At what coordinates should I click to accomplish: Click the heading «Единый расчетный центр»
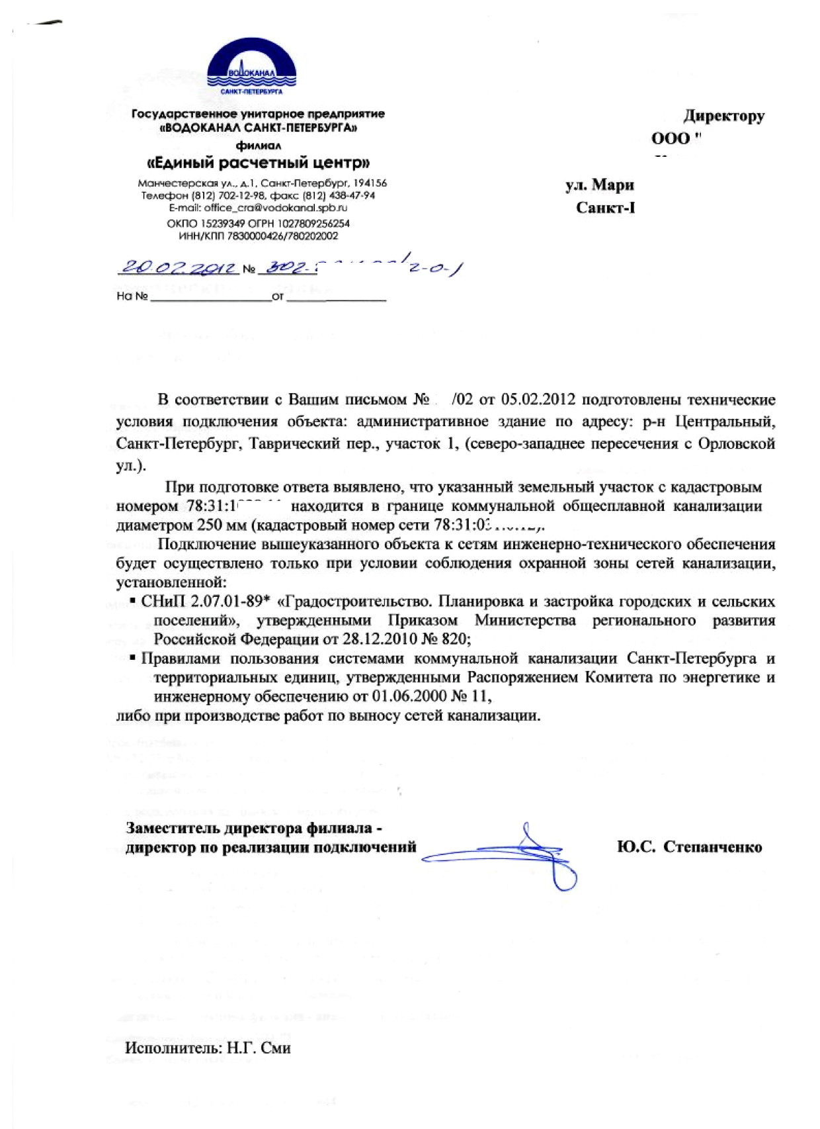(258, 162)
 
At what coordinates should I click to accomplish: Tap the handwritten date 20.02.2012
(179, 267)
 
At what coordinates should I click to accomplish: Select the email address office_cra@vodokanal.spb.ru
(276, 208)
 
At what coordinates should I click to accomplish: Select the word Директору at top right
(723, 116)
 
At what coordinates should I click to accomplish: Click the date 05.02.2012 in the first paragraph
(538, 400)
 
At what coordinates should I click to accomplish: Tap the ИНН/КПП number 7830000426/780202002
(282, 236)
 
